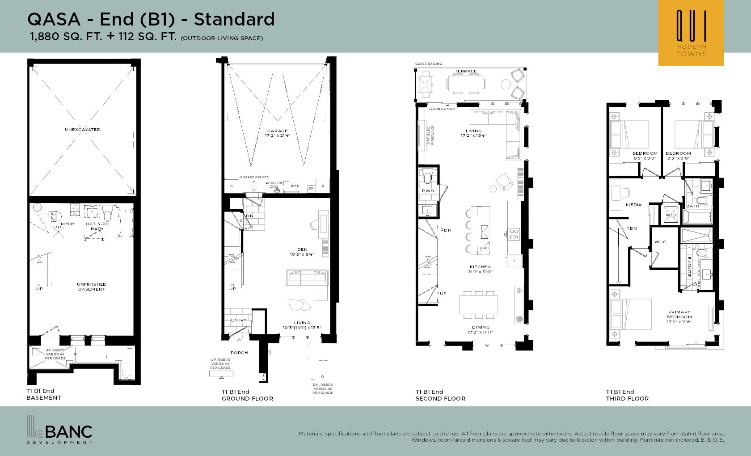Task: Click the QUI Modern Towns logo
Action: [x=691, y=33]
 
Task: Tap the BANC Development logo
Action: [x=59, y=430]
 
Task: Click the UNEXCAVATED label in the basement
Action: [x=83, y=130]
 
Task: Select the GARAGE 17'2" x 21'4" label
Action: [x=277, y=133]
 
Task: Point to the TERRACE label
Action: [x=466, y=71]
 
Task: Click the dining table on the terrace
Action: [x=465, y=83]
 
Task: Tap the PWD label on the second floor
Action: [x=428, y=191]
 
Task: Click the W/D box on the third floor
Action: [x=671, y=215]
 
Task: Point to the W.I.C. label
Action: [x=661, y=242]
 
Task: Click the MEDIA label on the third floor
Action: [x=633, y=205]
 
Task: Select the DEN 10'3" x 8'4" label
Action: [x=302, y=252]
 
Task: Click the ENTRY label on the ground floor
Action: [x=239, y=320]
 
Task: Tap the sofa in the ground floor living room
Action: [x=308, y=282]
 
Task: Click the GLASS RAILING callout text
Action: [x=428, y=64]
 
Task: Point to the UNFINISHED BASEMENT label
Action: [x=91, y=287]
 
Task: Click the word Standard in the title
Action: [x=234, y=19]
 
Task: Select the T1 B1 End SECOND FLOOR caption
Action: [x=440, y=395]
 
